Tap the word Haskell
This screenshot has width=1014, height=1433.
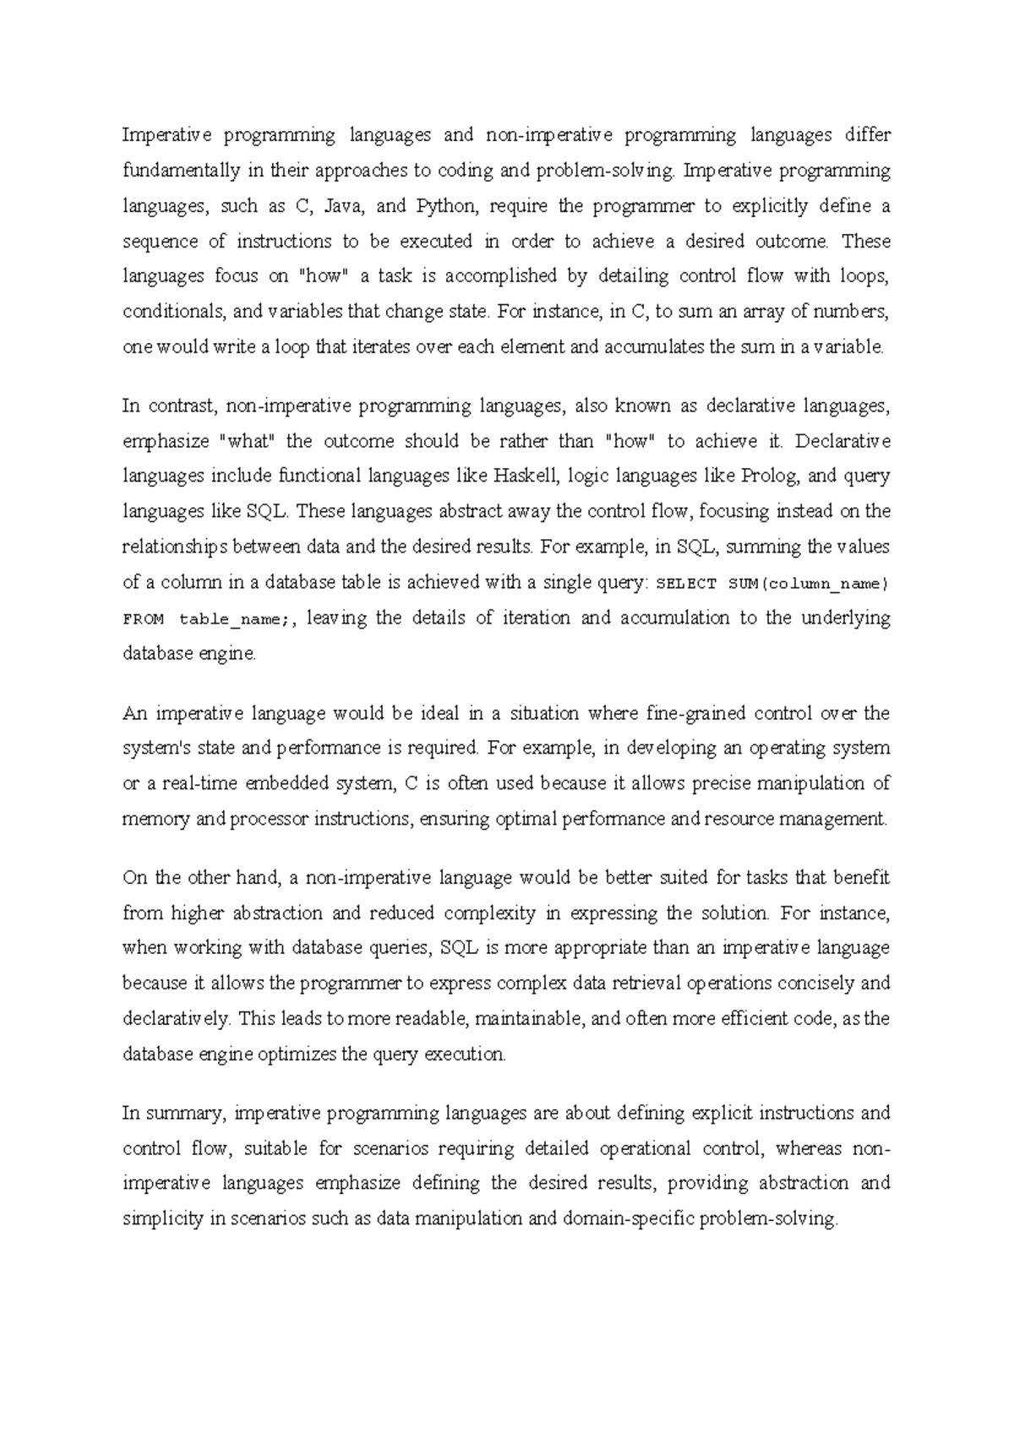click(x=526, y=477)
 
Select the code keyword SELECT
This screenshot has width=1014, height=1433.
click(x=687, y=583)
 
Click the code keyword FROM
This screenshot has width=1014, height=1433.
click(x=144, y=618)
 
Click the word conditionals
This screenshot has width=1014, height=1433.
click(x=173, y=311)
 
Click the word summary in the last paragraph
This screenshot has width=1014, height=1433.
click(x=185, y=1113)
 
